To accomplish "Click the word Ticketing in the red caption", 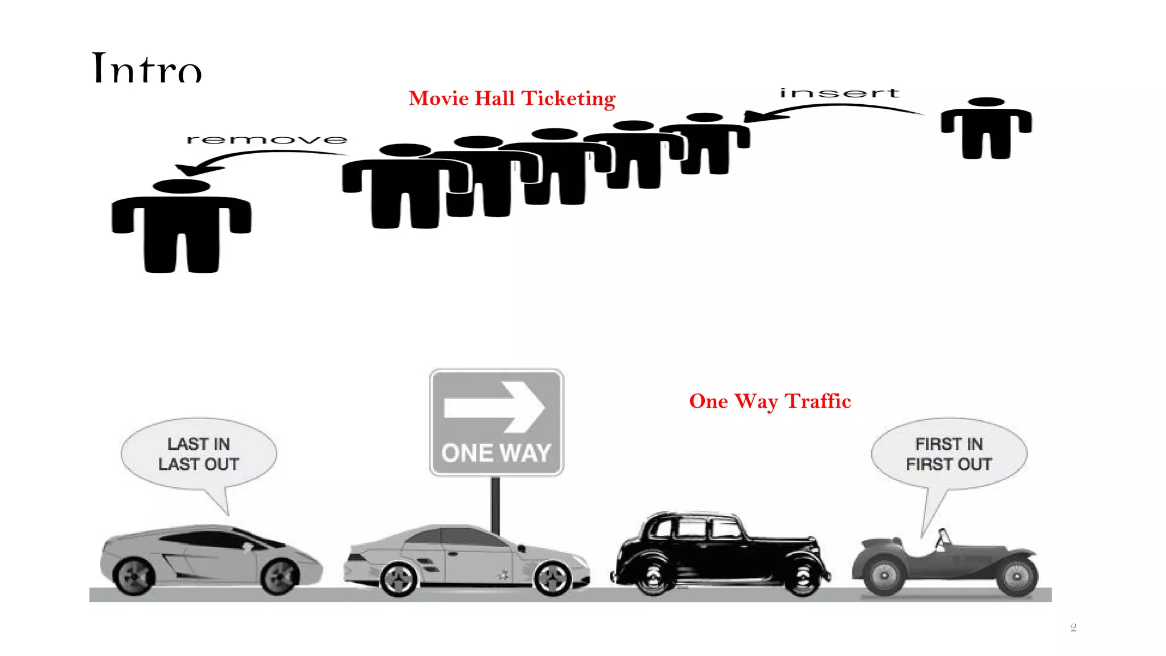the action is pyautogui.click(x=568, y=99).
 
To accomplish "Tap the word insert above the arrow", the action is pyautogui.click(x=839, y=93).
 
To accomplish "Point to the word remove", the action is pyautogui.click(x=266, y=140).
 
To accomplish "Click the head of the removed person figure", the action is pyautogui.click(x=182, y=186).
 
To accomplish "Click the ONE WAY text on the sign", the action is pyautogui.click(x=496, y=453).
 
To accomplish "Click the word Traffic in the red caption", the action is pyautogui.click(x=818, y=401).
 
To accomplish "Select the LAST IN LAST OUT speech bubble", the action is pyautogui.click(x=199, y=454).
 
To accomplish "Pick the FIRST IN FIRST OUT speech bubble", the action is pyautogui.click(x=949, y=454).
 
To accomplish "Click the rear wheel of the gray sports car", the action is pyautogui.click(x=135, y=576).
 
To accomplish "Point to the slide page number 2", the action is pyautogui.click(x=1073, y=628).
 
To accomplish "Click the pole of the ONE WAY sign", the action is pyautogui.click(x=495, y=504).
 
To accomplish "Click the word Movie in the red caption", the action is pyautogui.click(x=438, y=99).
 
